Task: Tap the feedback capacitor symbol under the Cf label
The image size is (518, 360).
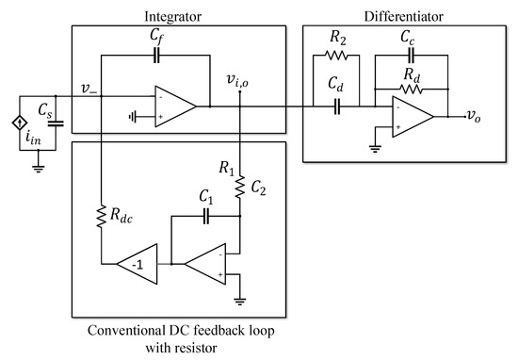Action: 156,54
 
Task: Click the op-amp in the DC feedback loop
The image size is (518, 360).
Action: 209,265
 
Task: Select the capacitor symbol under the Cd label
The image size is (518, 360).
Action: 335,106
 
